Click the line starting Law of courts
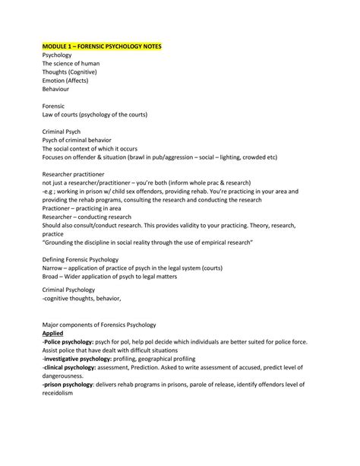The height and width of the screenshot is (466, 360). pyautogui.click(x=95, y=114)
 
